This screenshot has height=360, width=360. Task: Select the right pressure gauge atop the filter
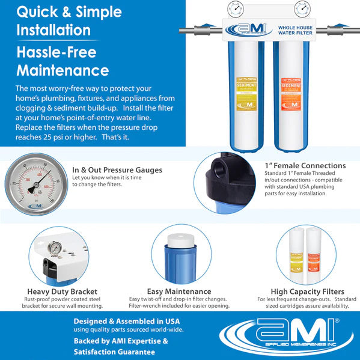point(302,9)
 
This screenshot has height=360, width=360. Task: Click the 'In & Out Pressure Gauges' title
point(117,170)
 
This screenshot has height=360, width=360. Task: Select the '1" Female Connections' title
point(305,165)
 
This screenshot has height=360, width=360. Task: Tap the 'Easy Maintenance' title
point(178,291)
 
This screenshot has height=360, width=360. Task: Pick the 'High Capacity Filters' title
point(304,291)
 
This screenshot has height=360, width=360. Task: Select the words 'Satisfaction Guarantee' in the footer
point(114,351)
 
